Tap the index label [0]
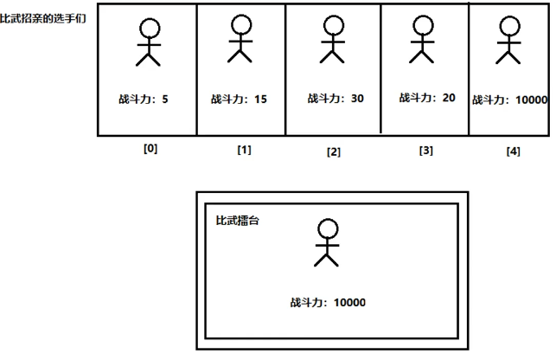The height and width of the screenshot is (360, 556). click(150, 148)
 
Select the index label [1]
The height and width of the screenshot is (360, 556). click(244, 150)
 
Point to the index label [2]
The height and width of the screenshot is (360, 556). click(333, 152)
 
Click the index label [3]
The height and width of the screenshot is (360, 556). click(425, 151)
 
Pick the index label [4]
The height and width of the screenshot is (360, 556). click(513, 151)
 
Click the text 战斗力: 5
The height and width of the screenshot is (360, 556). click(144, 100)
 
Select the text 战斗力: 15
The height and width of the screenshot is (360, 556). click(239, 100)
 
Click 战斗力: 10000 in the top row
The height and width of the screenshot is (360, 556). click(510, 100)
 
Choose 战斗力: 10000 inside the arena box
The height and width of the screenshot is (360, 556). click(328, 303)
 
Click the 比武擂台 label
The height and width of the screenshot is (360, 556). click(238, 221)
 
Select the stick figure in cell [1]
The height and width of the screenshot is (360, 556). click(240, 39)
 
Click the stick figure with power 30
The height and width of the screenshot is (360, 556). click(331, 40)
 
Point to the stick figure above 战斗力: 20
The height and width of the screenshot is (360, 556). click(421, 39)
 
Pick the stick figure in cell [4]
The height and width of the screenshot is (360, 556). click(508, 40)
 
